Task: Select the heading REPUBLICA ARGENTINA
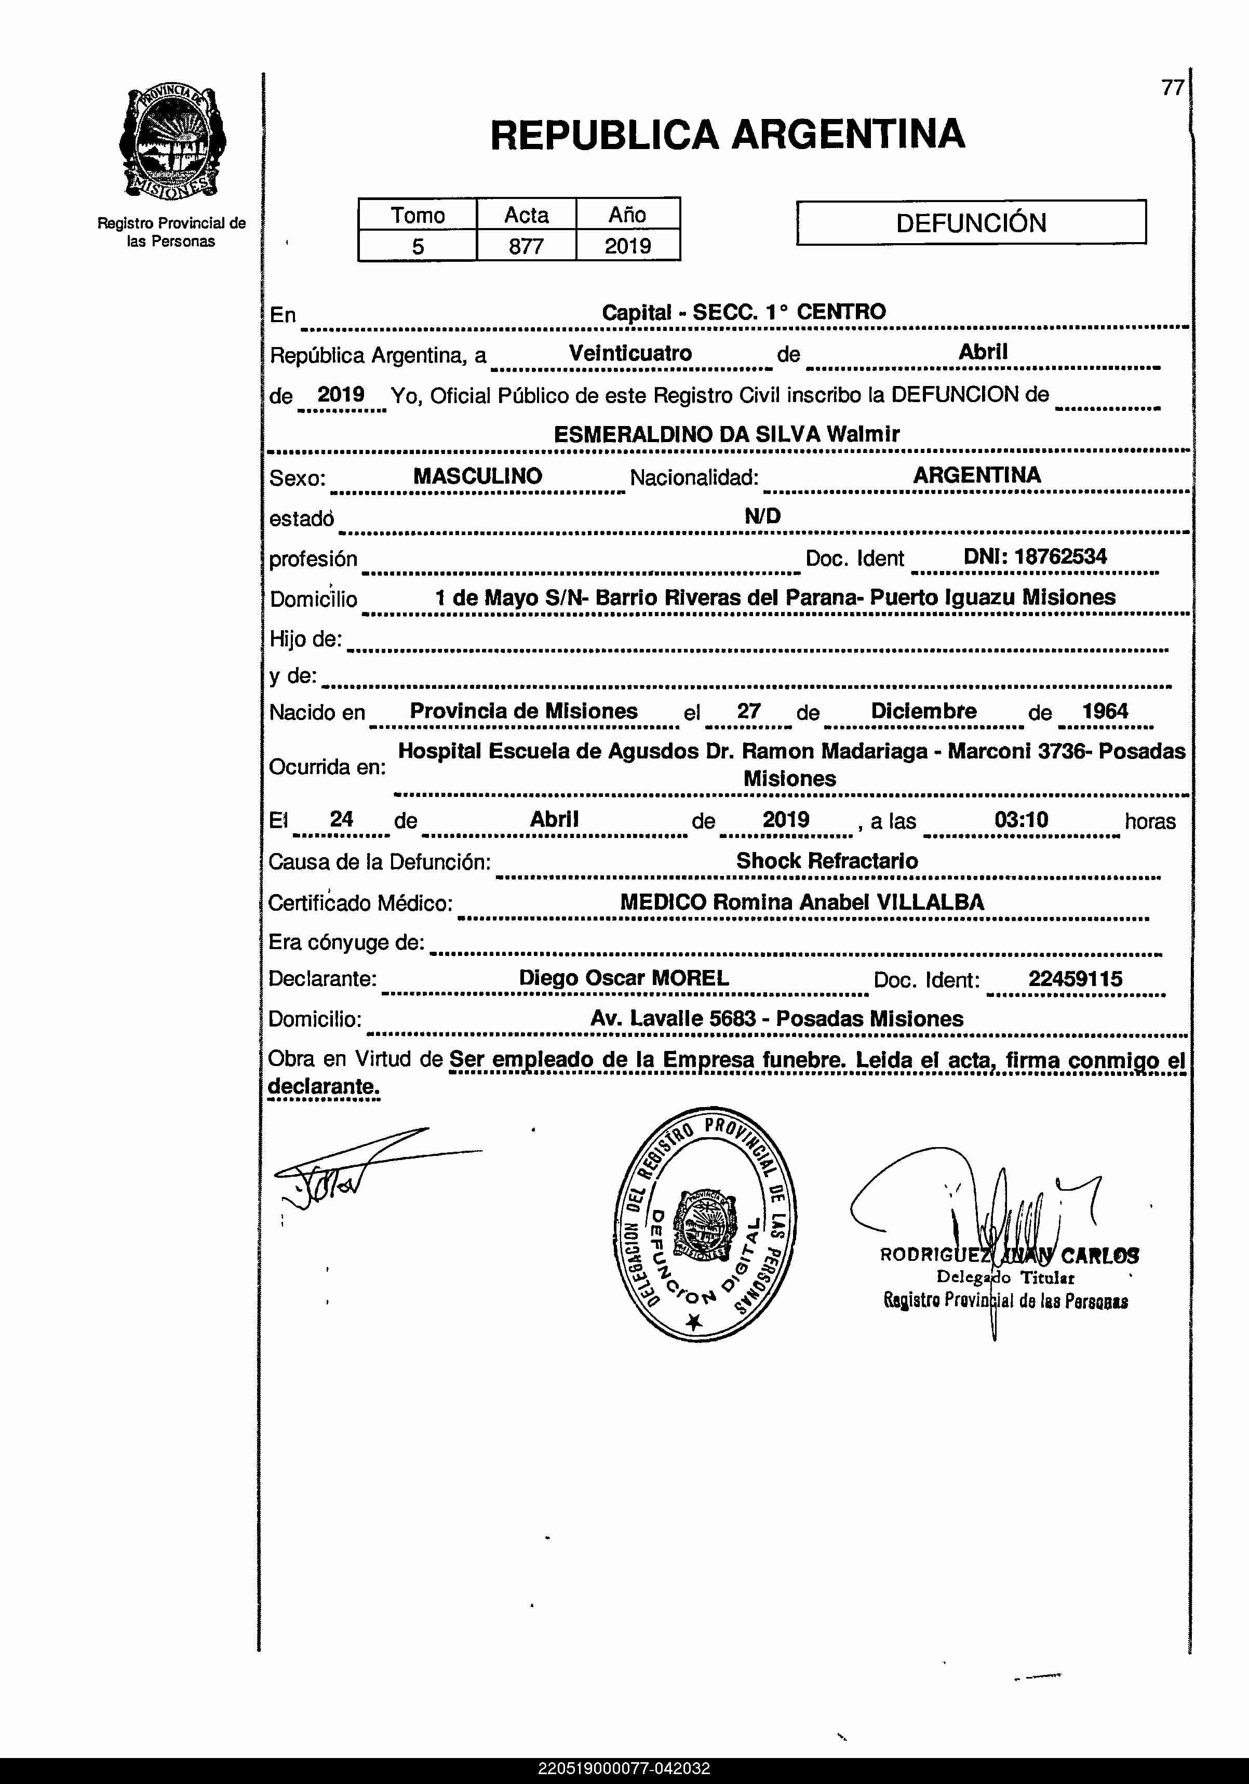coord(727,135)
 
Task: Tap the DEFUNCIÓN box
coord(971,223)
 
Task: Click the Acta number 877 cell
coord(526,246)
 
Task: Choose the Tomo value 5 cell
coord(418,246)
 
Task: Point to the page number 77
coord(1172,88)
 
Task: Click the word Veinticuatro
coord(630,354)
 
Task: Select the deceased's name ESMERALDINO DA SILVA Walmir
coord(726,434)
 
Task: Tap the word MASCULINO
coord(477,476)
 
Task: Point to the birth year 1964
coord(1105,711)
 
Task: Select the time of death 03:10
coord(1020,820)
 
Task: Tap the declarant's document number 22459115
coord(1075,979)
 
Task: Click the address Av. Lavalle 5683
coord(673,1019)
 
